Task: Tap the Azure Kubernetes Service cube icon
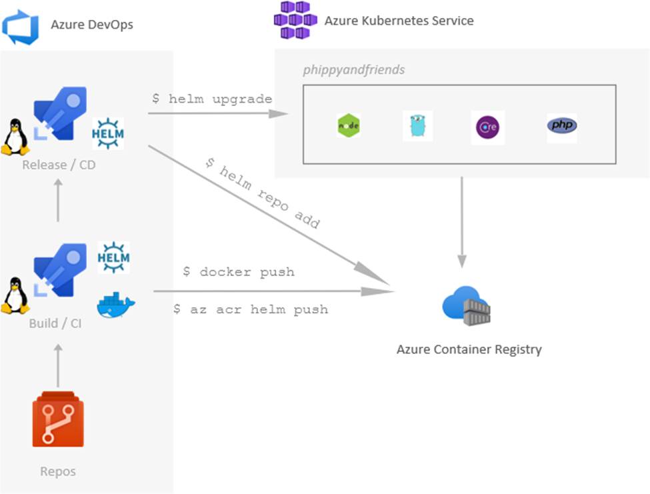[295, 20]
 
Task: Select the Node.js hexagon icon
[349, 126]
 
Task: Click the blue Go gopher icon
[417, 126]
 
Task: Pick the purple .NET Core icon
[489, 127]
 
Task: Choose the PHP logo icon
[562, 125]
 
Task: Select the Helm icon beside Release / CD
[108, 133]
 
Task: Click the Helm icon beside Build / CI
[113, 257]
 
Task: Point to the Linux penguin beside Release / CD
[15, 137]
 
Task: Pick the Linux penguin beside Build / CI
[15, 296]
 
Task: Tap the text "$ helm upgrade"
[211, 99]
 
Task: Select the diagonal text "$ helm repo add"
[262, 194]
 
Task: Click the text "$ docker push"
[238, 272]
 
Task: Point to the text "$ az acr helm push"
[250, 309]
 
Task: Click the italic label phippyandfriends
[353, 70]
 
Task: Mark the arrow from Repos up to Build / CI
[58, 365]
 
